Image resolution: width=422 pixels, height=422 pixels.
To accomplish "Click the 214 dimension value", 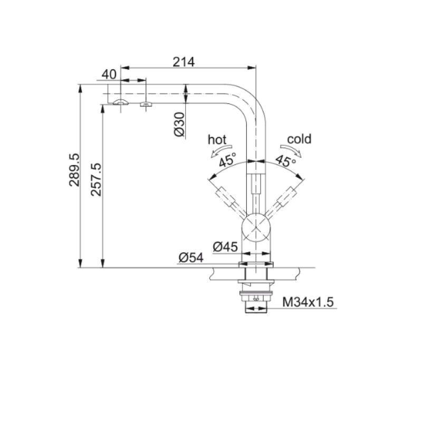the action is click(184, 62).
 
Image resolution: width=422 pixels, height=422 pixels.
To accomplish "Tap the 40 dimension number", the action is click(109, 74).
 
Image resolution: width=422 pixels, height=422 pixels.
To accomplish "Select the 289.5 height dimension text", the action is click(74, 170).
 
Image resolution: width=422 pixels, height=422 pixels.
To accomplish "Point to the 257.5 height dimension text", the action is click(96, 179).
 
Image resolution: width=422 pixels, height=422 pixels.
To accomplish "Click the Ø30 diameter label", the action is click(179, 124).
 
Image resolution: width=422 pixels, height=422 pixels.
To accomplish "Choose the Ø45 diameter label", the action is click(225, 246).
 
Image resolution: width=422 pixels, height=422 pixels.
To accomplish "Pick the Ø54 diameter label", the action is click(191, 258).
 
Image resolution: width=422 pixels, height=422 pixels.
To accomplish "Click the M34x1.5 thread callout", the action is click(308, 302).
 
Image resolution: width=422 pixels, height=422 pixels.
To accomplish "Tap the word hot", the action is click(217, 140).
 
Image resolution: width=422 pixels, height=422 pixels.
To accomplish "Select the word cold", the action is click(299, 139).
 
